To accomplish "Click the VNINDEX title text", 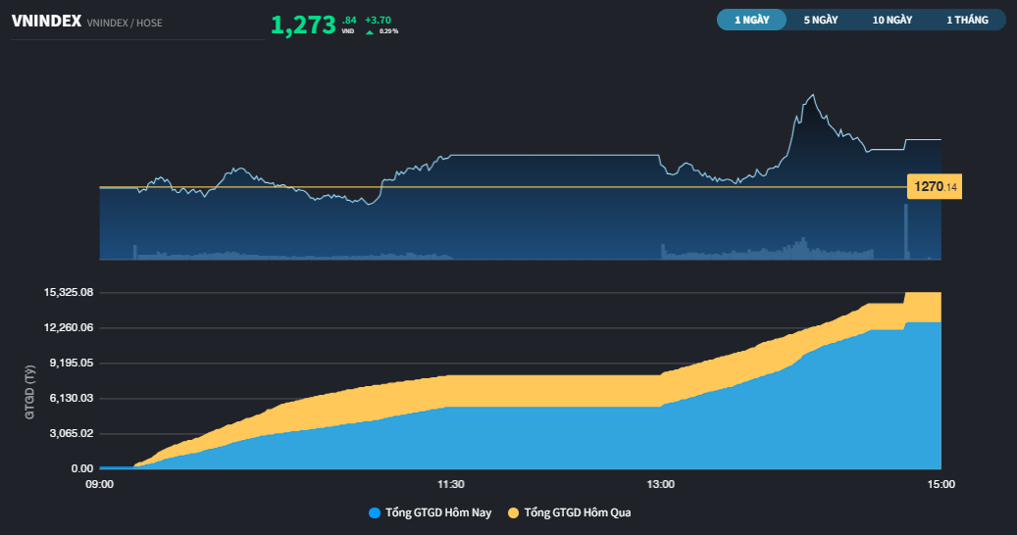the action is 47,22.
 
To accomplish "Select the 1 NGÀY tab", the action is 752,20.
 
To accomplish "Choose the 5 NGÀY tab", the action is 821,20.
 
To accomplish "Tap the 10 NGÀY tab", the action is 891,20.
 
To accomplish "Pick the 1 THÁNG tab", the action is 967,20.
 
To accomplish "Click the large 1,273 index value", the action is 303,25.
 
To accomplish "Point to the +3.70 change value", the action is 378,20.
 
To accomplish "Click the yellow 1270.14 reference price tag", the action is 934,186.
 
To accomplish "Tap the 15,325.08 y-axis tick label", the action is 69,292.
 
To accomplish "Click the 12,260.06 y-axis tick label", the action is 69,327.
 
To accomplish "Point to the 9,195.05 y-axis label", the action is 72,363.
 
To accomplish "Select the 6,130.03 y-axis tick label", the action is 72,398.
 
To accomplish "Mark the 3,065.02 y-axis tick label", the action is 72,433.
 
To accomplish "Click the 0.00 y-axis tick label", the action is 82,468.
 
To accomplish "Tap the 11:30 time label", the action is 451,484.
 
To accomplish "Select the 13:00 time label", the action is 660,484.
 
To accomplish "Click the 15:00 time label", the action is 941,484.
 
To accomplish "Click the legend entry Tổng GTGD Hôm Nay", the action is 430,512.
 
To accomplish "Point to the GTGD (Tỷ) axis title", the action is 29,393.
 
